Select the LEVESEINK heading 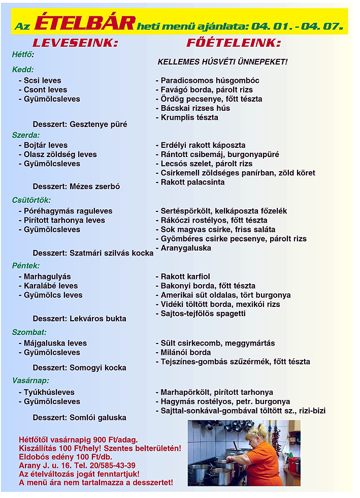[75, 43]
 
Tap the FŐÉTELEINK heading [234, 43]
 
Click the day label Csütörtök [31, 200]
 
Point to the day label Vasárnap [30, 380]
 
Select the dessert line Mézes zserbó [76, 186]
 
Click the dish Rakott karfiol [182, 276]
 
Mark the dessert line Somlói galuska [79, 417]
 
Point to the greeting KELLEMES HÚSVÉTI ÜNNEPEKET [222, 62]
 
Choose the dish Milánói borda [183, 352]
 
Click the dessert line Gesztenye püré [80, 124]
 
